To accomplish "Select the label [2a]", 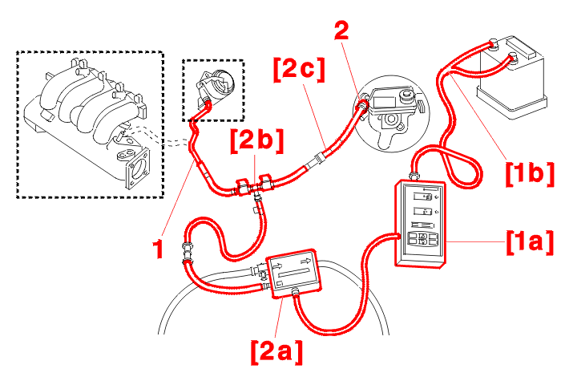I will point(276,350).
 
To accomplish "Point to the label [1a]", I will point(528,241).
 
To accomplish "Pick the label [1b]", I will point(529,172).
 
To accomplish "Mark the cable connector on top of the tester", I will point(414,172).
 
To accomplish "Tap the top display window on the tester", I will point(420,196).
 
